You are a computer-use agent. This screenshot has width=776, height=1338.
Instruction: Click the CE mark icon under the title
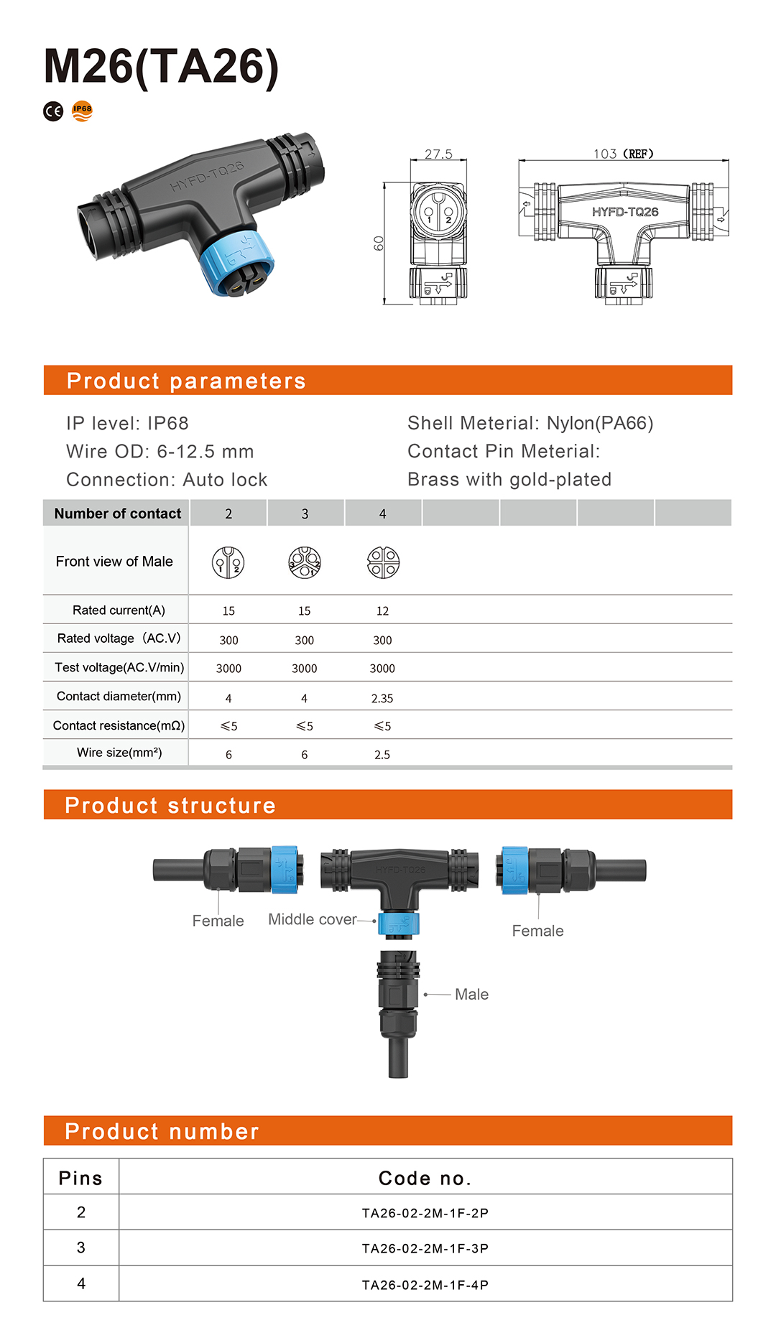click(x=53, y=111)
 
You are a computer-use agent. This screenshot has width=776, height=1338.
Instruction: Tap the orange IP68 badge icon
click(x=83, y=111)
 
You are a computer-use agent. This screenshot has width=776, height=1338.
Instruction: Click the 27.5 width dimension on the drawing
click(x=438, y=154)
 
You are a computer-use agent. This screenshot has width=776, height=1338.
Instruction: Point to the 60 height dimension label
click(x=379, y=243)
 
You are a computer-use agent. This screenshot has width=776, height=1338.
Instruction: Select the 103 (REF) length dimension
click(x=623, y=154)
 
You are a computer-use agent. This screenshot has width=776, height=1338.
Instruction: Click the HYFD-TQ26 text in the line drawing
click(x=625, y=212)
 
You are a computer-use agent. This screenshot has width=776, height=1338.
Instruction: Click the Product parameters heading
click(x=186, y=381)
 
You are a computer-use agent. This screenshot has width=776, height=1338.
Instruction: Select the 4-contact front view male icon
click(x=383, y=562)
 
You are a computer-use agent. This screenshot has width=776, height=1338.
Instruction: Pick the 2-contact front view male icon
click(x=228, y=562)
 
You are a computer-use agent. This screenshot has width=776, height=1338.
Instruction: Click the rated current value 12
click(x=382, y=611)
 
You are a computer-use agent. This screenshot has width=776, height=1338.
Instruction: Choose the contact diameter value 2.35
click(x=382, y=698)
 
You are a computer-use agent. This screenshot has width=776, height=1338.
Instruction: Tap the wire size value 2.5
click(x=382, y=755)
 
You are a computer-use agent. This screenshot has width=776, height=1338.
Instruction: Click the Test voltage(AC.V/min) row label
click(x=119, y=667)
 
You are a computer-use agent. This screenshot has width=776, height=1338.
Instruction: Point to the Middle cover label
click(x=312, y=919)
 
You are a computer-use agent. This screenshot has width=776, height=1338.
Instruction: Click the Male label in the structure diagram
click(x=471, y=994)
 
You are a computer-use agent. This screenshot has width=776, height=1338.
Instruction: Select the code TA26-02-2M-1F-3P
click(x=425, y=1248)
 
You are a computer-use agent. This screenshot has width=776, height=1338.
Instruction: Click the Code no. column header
click(x=425, y=1178)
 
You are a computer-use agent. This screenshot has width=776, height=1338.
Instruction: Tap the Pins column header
click(x=80, y=1178)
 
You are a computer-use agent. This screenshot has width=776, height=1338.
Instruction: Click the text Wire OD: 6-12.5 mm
click(x=160, y=451)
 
